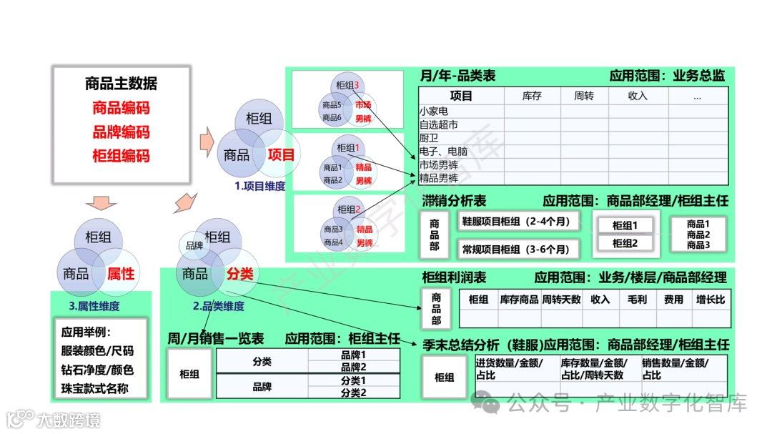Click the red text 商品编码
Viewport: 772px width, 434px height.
(x=121, y=108)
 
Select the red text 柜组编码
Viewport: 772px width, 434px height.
(x=121, y=156)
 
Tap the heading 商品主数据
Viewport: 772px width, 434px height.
(x=121, y=84)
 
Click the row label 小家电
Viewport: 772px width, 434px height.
(x=434, y=112)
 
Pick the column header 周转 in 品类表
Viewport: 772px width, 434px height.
(x=583, y=96)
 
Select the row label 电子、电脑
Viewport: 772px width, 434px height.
(x=443, y=152)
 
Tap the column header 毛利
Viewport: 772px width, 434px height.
(x=637, y=300)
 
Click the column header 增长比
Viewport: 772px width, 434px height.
(x=710, y=300)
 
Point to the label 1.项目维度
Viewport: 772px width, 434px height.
(x=260, y=186)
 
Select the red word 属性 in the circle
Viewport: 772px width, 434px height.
(x=121, y=273)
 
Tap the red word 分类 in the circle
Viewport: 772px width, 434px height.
(x=240, y=274)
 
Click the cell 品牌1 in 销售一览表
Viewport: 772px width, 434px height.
(x=353, y=355)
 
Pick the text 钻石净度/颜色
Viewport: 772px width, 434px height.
(x=97, y=370)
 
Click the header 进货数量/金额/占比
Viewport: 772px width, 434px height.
(x=508, y=369)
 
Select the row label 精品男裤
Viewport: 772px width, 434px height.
(x=438, y=179)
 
